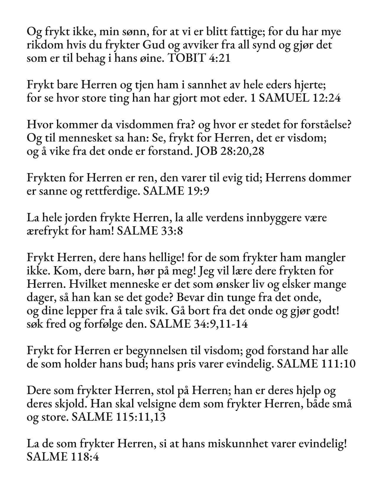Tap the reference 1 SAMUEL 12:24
[x=295, y=98]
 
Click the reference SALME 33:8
[x=150, y=231]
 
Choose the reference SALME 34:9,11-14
[x=199, y=324]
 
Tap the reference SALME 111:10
[x=316, y=364]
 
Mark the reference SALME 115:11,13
[x=119, y=417]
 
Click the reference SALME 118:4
[x=62, y=457]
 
